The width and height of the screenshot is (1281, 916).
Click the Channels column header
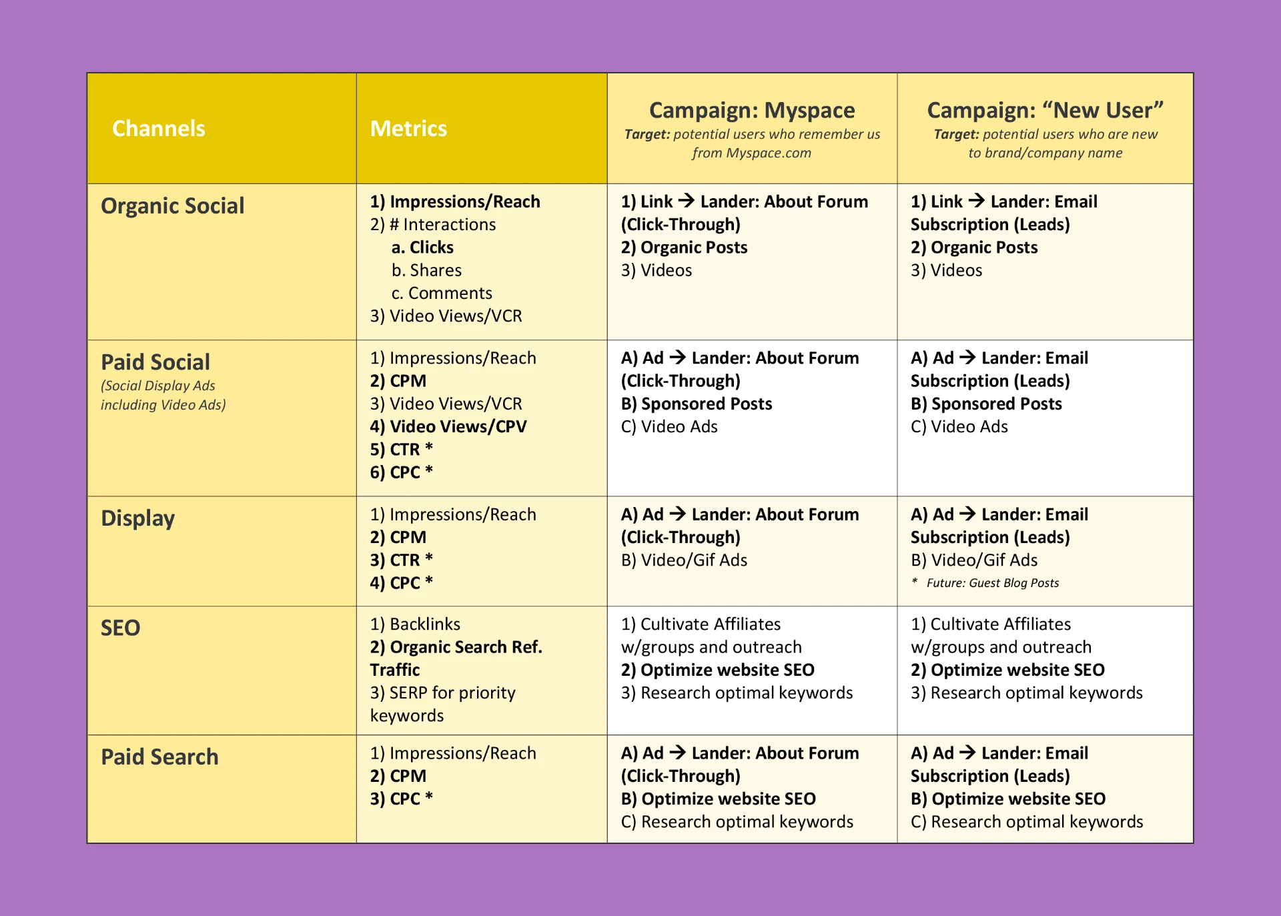click(158, 128)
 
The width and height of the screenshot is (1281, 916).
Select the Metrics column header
click(408, 128)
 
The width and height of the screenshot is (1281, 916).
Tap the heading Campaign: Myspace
click(751, 110)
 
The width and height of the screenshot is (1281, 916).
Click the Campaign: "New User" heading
click(1045, 110)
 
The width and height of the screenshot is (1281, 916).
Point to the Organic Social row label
click(172, 205)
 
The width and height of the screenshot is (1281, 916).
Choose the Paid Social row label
click(155, 362)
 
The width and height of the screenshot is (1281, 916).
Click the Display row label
click(137, 518)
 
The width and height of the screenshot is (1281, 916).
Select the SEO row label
click(120, 628)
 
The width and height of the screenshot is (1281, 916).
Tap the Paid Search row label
click(159, 757)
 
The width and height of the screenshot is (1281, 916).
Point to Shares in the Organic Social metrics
click(427, 270)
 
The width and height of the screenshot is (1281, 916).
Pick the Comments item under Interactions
click(442, 293)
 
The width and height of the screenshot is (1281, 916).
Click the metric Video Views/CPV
click(448, 426)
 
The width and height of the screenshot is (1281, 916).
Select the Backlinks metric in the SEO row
click(415, 624)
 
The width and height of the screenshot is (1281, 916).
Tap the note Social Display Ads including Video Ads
click(163, 395)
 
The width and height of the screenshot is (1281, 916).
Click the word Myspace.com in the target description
click(768, 153)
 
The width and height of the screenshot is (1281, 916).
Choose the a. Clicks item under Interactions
click(422, 248)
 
